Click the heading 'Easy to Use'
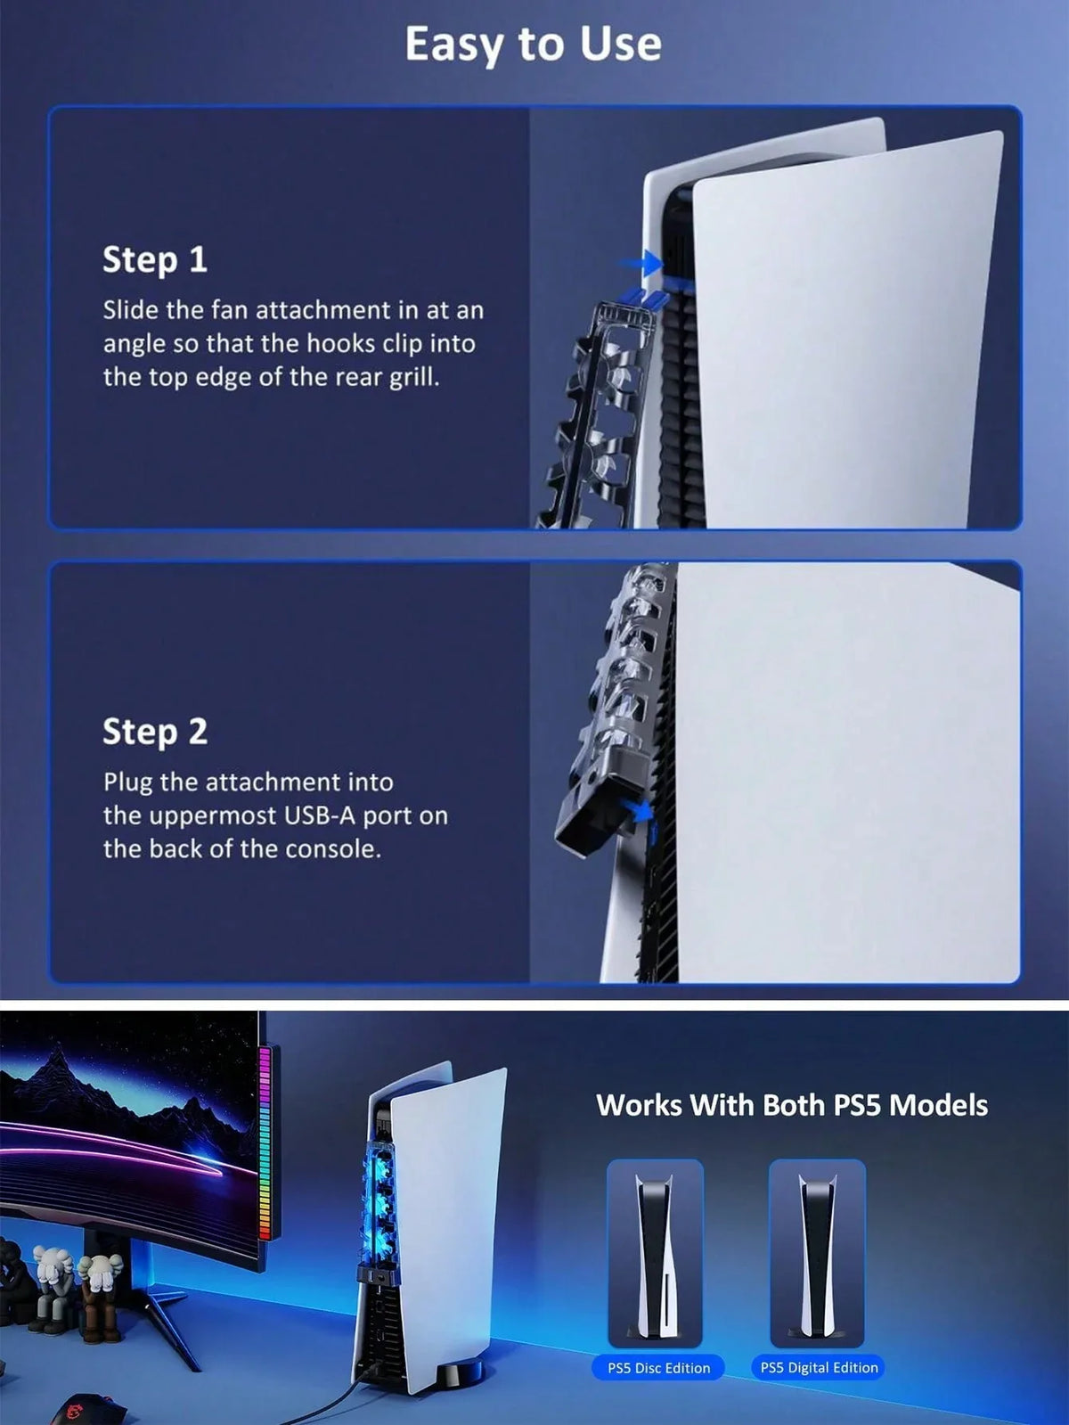534,45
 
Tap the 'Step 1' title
155,259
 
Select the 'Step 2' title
155,731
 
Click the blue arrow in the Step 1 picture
641,264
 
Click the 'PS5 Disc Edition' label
658,1368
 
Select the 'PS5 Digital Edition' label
820,1367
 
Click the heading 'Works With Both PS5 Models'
791,1104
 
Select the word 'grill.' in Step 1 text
414,377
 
